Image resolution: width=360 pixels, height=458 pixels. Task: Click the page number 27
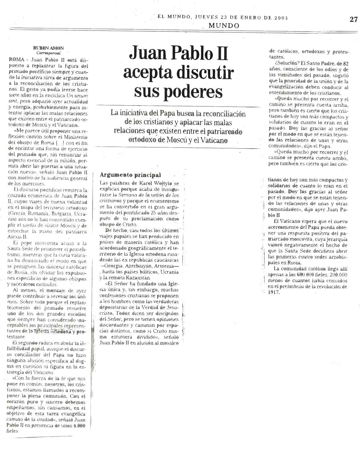353,19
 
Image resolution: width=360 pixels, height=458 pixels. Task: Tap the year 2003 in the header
281,17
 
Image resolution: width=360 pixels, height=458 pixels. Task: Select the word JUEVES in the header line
205,17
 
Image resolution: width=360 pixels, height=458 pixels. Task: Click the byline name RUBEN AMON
48,48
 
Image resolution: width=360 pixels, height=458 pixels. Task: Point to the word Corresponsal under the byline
49,53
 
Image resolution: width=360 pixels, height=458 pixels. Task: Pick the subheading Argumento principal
130,175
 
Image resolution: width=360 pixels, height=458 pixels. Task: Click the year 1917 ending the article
274,293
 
